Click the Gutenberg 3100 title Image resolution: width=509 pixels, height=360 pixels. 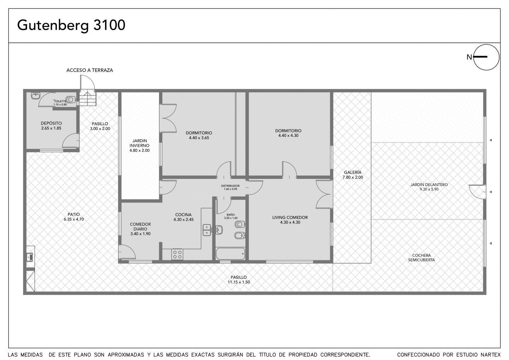click(71, 25)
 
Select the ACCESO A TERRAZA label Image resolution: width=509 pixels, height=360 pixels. click(89, 70)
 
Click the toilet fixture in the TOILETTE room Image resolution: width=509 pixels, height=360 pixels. click(71, 99)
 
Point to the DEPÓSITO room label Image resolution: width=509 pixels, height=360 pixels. click(51, 123)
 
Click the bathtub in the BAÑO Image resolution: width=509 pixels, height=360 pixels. click(230, 254)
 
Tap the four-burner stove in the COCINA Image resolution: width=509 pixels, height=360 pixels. click(177, 254)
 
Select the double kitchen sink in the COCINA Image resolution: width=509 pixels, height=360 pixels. click(207, 230)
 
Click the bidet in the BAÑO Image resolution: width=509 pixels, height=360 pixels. click(240, 235)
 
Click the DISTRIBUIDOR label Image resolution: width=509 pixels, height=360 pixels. click(230, 186)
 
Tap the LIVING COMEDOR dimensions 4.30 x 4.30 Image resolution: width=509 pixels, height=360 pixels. click(290, 222)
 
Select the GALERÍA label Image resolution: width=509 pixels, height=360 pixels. click(353, 172)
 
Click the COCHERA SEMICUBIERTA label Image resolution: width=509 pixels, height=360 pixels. click(421, 257)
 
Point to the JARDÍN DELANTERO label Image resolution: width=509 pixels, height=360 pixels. click(429, 185)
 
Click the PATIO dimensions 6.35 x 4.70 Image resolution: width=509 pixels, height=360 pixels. click(74, 219)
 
